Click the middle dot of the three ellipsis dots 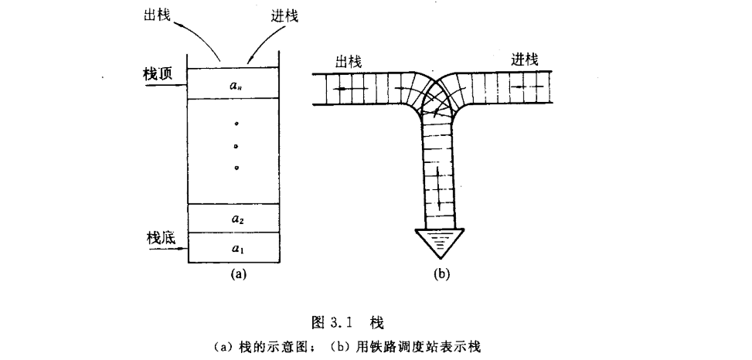[x=236, y=145]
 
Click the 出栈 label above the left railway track [x=349, y=62]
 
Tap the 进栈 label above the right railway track [x=525, y=59]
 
